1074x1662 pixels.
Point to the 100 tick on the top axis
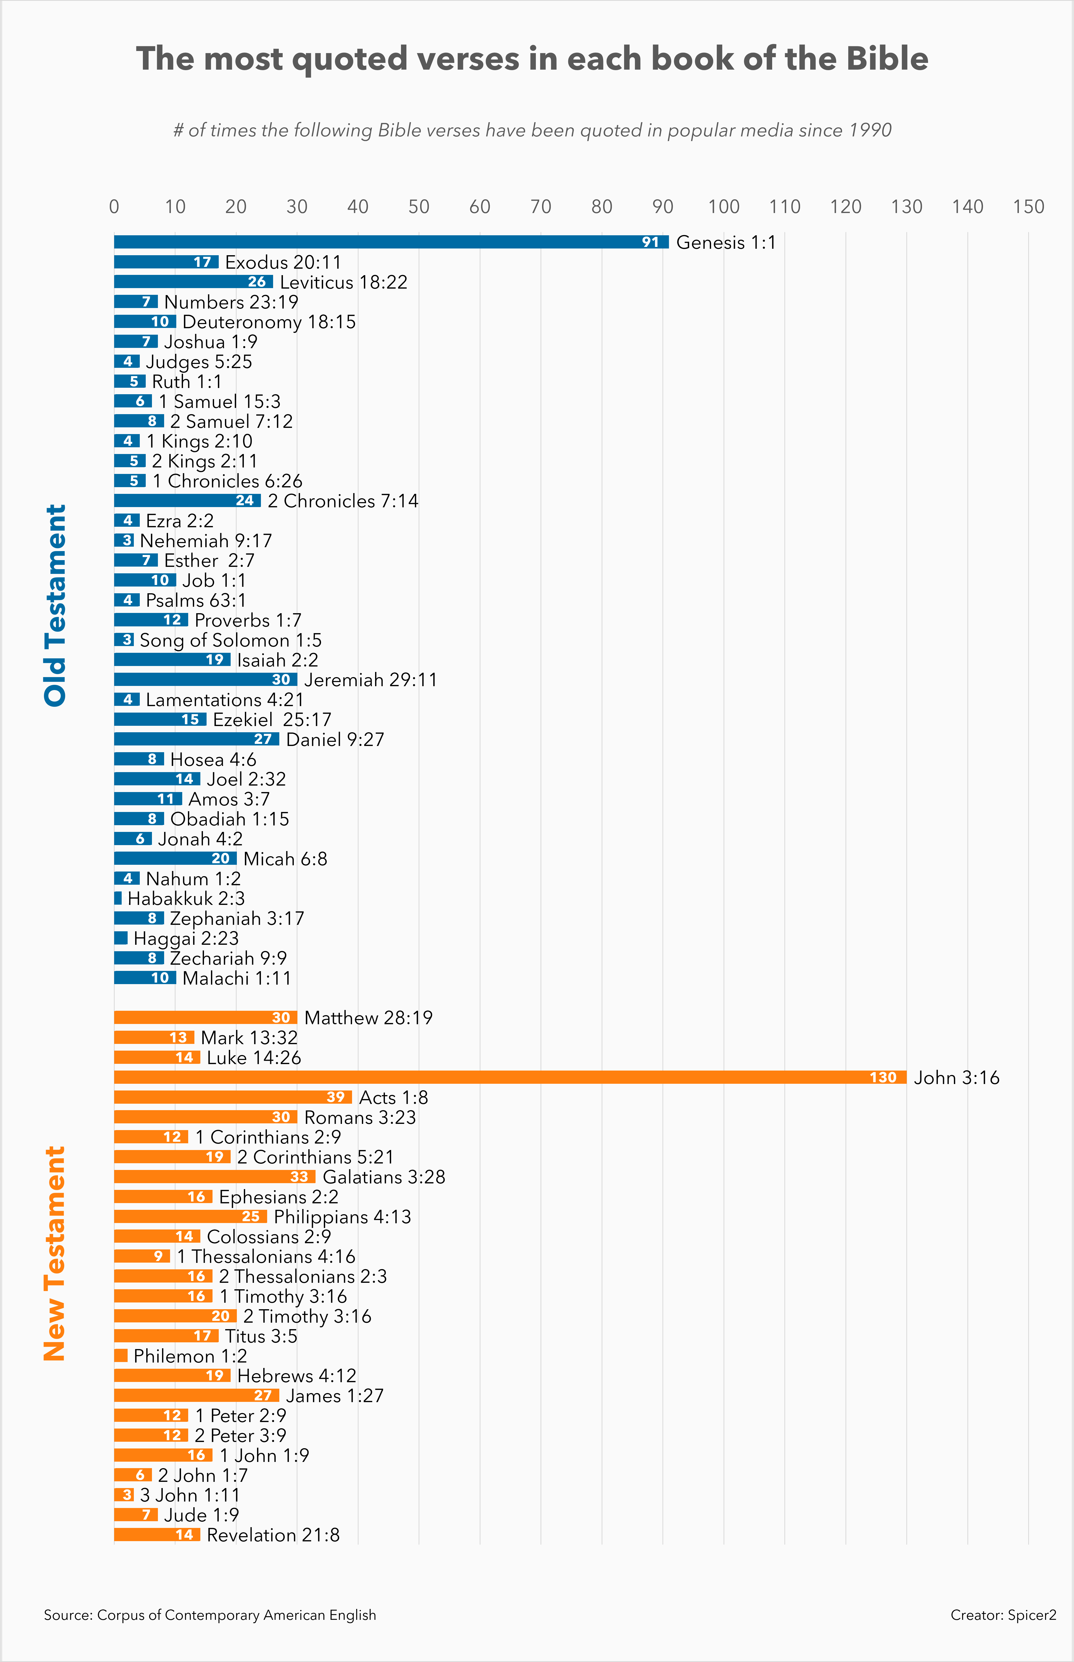coord(723,206)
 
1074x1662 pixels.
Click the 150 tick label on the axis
coord(1028,206)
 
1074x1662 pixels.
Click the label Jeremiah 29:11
coord(370,680)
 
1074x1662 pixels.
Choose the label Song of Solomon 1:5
coord(230,640)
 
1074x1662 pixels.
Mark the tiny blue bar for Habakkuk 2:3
coord(118,898)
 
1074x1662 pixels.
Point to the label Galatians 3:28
coord(384,1177)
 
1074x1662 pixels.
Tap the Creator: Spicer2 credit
coord(1003,1615)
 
